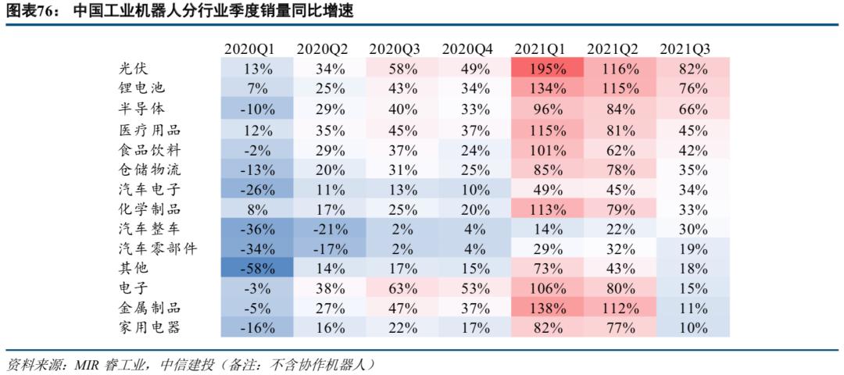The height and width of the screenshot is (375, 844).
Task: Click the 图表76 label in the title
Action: click(30, 12)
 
